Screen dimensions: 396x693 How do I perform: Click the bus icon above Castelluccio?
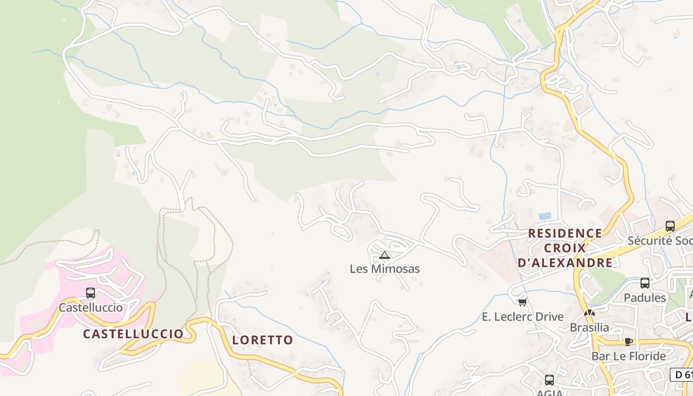click(x=91, y=293)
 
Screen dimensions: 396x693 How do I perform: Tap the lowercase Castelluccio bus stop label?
click(x=91, y=307)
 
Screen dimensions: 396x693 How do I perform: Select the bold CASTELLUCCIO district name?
click(x=133, y=334)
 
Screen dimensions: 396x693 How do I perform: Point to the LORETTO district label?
click(x=262, y=340)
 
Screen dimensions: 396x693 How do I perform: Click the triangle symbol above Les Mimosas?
click(x=385, y=255)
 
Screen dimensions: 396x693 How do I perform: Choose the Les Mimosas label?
click(x=385, y=269)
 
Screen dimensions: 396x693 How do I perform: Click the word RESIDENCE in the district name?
click(x=565, y=233)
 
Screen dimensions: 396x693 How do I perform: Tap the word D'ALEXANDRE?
click(x=565, y=263)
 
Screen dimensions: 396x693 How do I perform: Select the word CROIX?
click(x=565, y=248)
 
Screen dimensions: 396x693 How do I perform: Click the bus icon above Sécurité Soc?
click(x=670, y=226)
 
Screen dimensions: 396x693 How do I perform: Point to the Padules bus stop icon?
click(x=645, y=283)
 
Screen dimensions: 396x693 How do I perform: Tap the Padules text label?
click(x=645, y=297)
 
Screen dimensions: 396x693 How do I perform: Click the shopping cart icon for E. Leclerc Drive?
click(x=522, y=302)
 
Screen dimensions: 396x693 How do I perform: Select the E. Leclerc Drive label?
click(x=523, y=317)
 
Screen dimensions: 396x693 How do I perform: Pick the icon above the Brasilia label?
click(x=589, y=313)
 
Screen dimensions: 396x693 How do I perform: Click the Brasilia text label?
click(x=589, y=327)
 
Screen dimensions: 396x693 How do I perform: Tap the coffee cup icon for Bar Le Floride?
click(x=629, y=342)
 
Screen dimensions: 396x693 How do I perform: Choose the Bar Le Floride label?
click(x=629, y=356)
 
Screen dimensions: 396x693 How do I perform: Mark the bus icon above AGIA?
click(x=549, y=380)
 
